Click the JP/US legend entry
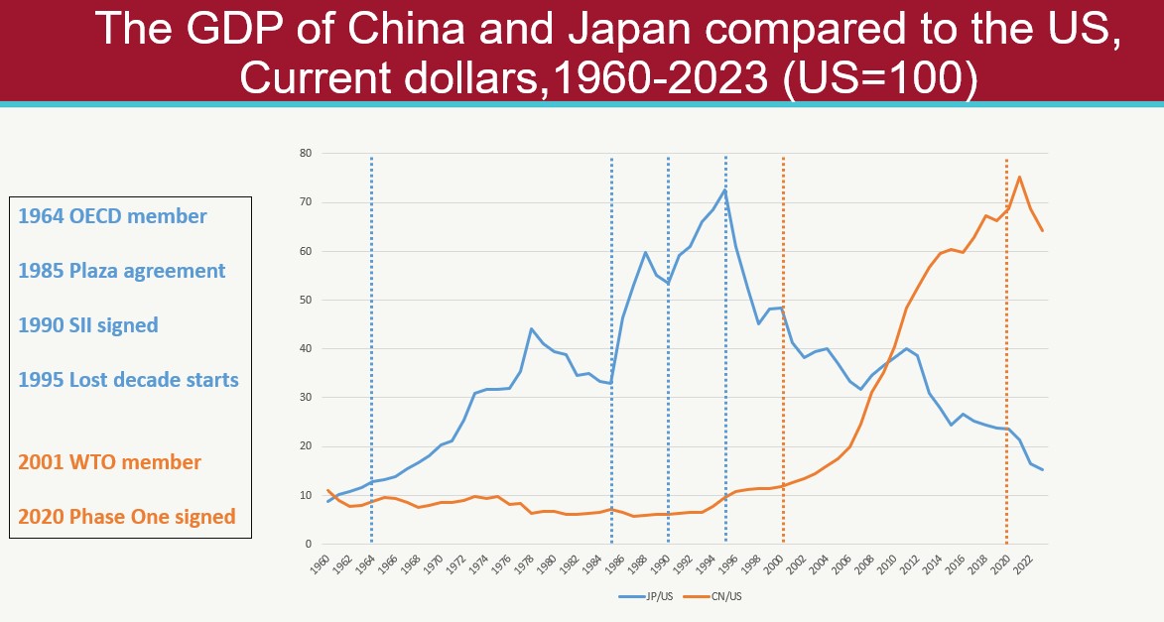point(654,595)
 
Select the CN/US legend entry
point(722,595)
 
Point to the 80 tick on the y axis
point(306,154)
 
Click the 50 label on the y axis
point(306,300)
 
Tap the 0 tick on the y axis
point(309,544)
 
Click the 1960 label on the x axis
point(319,563)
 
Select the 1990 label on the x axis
point(664,563)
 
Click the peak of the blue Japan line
point(725,189)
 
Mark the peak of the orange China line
point(1019,177)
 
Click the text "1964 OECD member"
point(113,216)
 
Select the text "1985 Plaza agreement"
point(122,271)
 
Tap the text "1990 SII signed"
point(88,325)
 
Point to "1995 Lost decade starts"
point(129,379)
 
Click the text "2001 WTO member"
point(110,462)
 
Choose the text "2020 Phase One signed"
point(127,516)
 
